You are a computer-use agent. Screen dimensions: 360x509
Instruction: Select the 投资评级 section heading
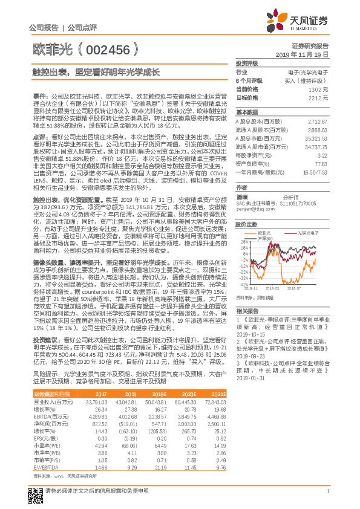point(247,63)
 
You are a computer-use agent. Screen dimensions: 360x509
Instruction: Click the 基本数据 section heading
point(247,112)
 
